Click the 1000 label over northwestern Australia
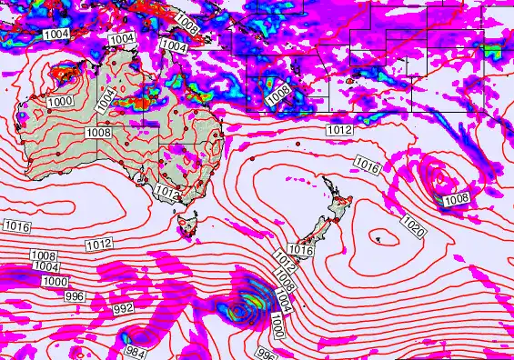[x=61, y=102]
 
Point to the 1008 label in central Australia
[x=99, y=133]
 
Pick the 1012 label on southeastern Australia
[x=166, y=192]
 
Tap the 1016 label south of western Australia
[x=15, y=225]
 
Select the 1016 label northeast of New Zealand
[x=367, y=165]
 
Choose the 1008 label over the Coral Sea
[x=278, y=90]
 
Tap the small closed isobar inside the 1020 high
[x=379, y=238]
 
